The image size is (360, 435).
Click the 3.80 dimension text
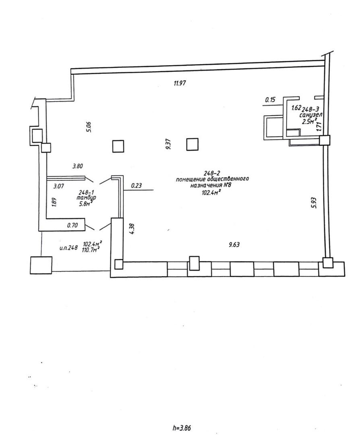(78, 166)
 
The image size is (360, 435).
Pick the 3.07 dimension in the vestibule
(60, 186)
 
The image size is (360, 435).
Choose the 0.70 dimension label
(72, 226)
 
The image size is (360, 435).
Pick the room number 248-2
(211, 173)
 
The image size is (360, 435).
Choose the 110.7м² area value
(91, 250)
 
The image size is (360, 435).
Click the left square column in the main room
(118, 146)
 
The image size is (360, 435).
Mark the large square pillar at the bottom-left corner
(41, 265)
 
